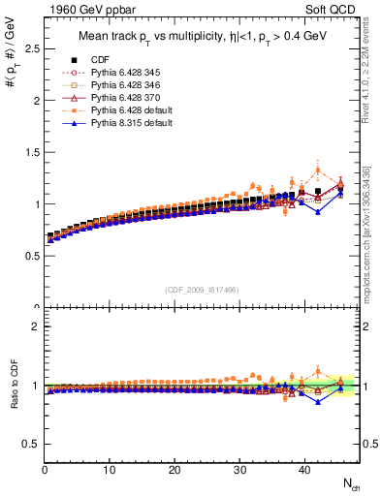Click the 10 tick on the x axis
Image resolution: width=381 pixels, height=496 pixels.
[x=110, y=470]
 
